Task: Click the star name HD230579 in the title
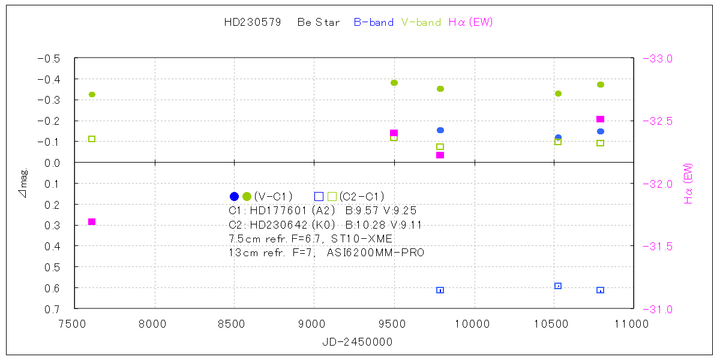(252, 23)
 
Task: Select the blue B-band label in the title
(373, 23)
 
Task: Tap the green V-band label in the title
(421, 23)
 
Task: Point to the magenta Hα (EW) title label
(470, 23)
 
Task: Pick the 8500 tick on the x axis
(234, 323)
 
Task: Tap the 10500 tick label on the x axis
(553, 323)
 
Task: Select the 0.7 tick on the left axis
(53, 309)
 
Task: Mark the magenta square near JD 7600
(92, 222)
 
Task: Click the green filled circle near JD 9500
(394, 83)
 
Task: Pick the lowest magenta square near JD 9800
(440, 155)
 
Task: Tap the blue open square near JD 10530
(558, 286)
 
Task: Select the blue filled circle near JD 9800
(440, 130)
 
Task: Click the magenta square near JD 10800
(600, 119)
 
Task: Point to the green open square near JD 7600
(92, 139)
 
